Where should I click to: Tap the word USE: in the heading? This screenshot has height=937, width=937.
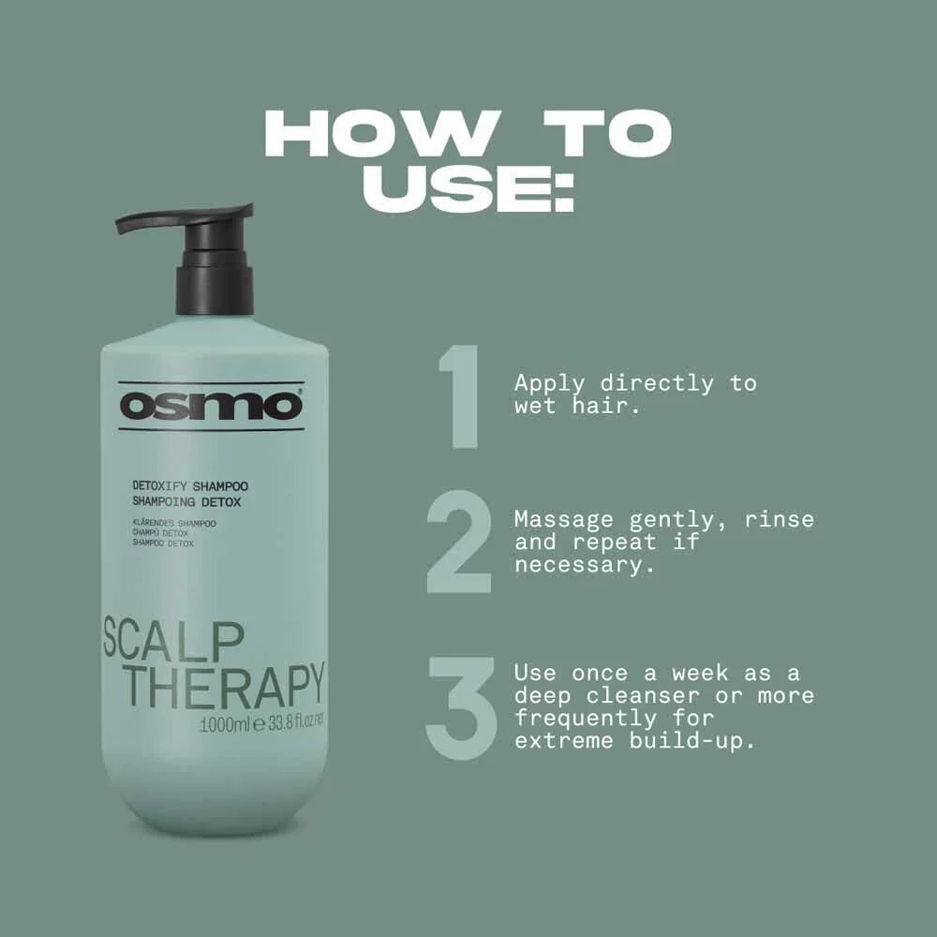pos(468,190)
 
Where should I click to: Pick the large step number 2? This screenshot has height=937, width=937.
pos(459,543)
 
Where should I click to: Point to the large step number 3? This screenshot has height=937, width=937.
pos(460,707)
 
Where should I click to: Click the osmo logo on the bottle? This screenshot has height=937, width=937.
pos(211,406)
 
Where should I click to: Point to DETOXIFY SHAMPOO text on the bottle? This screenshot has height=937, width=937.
pos(190,486)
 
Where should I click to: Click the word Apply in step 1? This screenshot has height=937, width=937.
pos(550,384)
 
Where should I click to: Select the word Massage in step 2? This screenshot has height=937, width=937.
pos(563,519)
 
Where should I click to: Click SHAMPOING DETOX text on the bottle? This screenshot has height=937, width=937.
pos(186,502)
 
